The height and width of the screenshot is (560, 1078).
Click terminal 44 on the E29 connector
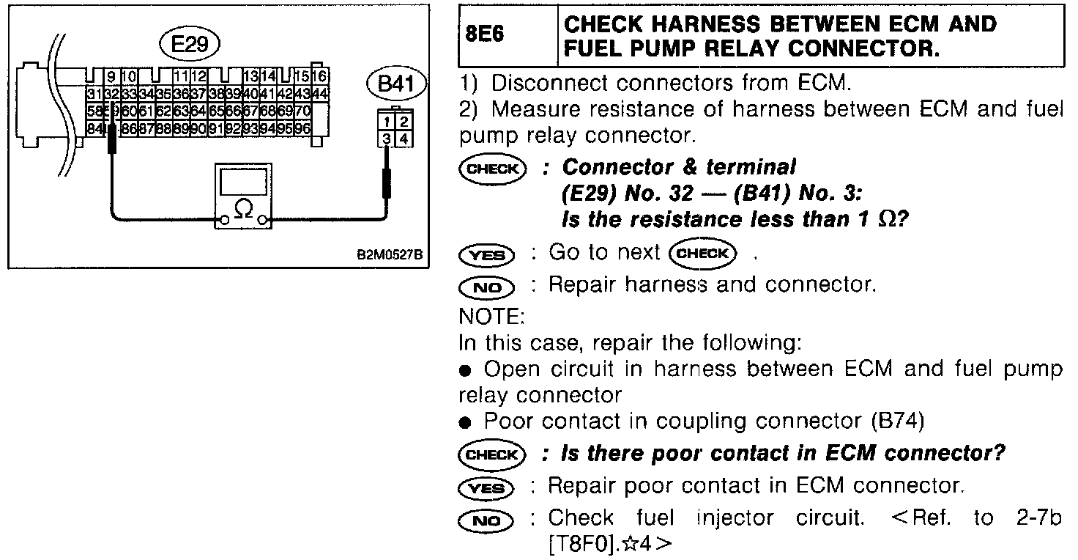point(321,94)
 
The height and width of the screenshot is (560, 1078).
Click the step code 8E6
point(485,35)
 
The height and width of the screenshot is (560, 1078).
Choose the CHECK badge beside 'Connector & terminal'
point(492,169)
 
